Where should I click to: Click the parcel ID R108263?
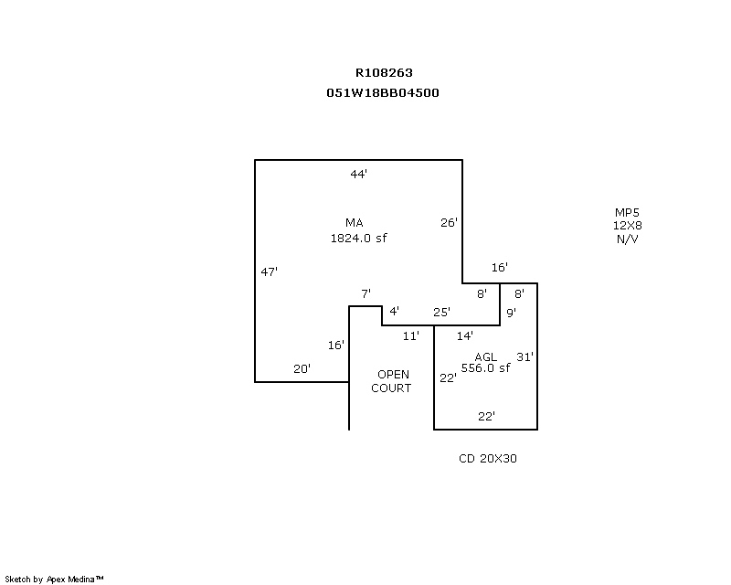pyautogui.click(x=384, y=73)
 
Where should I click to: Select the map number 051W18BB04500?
pyautogui.click(x=383, y=93)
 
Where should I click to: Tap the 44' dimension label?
pyautogui.click(x=358, y=174)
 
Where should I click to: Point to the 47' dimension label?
pyautogui.click(x=269, y=271)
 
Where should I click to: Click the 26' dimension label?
pyautogui.click(x=449, y=222)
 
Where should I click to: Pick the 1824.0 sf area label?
pyautogui.click(x=358, y=239)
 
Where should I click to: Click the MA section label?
pyautogui.click(x=355, y=223)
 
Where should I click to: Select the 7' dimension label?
pyautogui.click(x=366, y=294)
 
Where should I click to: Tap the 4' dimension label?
pyautogui.click(x=394, y=311)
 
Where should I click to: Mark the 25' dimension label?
pyautogui.click(x=441, y=313)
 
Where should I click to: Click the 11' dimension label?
pyautogui.click(x=410, y=335)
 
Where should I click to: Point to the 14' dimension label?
pyautogui.click(x=465, y=335)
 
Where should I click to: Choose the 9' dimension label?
pyautogui.click(x=511, y=313)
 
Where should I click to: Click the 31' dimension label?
pyautogui.click(x=524, y=356)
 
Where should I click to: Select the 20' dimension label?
pyautogui.click(x=302, y=369)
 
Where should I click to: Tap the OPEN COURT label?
pyautogui.click(x=392, y=381)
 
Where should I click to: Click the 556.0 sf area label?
pyautogui.click(x=485, y=368)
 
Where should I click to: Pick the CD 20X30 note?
pyautogui.click(x=488, y=459)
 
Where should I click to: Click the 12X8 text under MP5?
pyautogui.click(x=627, y=226)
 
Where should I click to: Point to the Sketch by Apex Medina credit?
pyautogui.click(x=54, y=580)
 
